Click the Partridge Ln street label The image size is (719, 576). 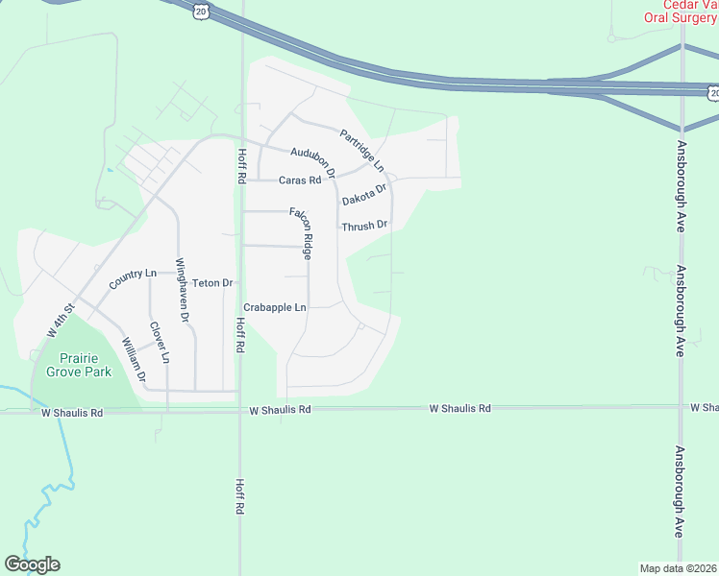pyautogui.click(x=361, y=147)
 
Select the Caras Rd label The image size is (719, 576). pyautogui.click(x=299, y=180)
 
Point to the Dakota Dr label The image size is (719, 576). pyautogui.click(x=364, y=195)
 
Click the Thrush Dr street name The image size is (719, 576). pyautogui.click(x=364, y=226)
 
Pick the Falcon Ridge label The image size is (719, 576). pyautogui.click(x=302, y=232)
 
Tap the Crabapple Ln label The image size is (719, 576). pyautogui.click(x=274, y=307)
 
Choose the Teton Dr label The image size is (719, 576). pyautogui.click(x=212, y=283)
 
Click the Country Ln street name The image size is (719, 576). pyautogui.click(x=132, y=279)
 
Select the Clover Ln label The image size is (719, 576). pyautogui.click(x=160, y=342)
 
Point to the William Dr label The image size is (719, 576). pyautogui.click(x=133, y=359)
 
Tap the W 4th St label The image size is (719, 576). pyautogui.click(x=60, y=321)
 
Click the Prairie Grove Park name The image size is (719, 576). pyautogui.click(x=79, y=365)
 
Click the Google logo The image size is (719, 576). pyautogui.click(x=32, y=564)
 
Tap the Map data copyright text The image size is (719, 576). pyautogui.click(x=678, y=567)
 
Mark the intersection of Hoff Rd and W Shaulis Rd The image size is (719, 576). pyautogui.click(x=240, y=409)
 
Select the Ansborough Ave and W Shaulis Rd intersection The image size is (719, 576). pyautogui.click(x=681, y=407)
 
